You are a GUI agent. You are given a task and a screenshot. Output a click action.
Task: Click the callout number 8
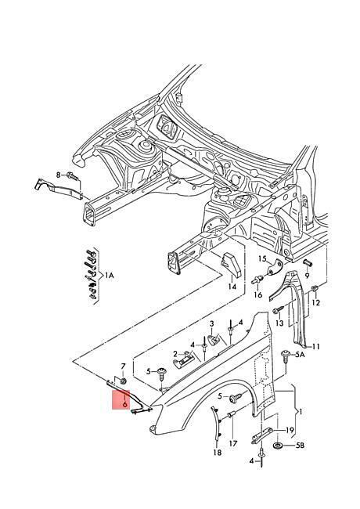(59, 175)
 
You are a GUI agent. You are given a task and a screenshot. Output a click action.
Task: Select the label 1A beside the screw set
(109, 276)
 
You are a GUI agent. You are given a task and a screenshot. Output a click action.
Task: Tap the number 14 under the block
(232, 287)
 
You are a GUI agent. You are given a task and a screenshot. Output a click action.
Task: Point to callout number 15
(262, 258)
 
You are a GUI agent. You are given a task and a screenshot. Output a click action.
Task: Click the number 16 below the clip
(257, 294)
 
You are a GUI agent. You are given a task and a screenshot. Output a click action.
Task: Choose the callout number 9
(307, 276)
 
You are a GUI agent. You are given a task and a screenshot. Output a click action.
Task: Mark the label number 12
(316, 302)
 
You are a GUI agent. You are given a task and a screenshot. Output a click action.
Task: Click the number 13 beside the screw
(279, 323)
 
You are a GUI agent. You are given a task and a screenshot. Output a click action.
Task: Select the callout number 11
(316, 347)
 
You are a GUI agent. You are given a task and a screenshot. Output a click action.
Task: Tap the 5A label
(301, 356)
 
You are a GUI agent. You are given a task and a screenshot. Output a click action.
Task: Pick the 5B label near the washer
(301, 446)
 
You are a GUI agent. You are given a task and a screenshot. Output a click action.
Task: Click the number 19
(290, 431)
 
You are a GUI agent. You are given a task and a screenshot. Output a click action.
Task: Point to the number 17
(233, 443)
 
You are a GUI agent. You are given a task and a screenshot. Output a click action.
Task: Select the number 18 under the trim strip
(218, 452)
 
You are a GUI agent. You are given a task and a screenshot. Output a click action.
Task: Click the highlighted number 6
(124, 404)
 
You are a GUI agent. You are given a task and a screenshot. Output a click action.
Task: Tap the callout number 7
(123, 366)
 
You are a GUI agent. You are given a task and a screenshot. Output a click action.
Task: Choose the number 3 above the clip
(212, 323)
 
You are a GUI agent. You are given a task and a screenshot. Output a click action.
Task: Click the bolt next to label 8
(72, 177)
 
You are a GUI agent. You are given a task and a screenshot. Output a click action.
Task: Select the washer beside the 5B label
(278, 446)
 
